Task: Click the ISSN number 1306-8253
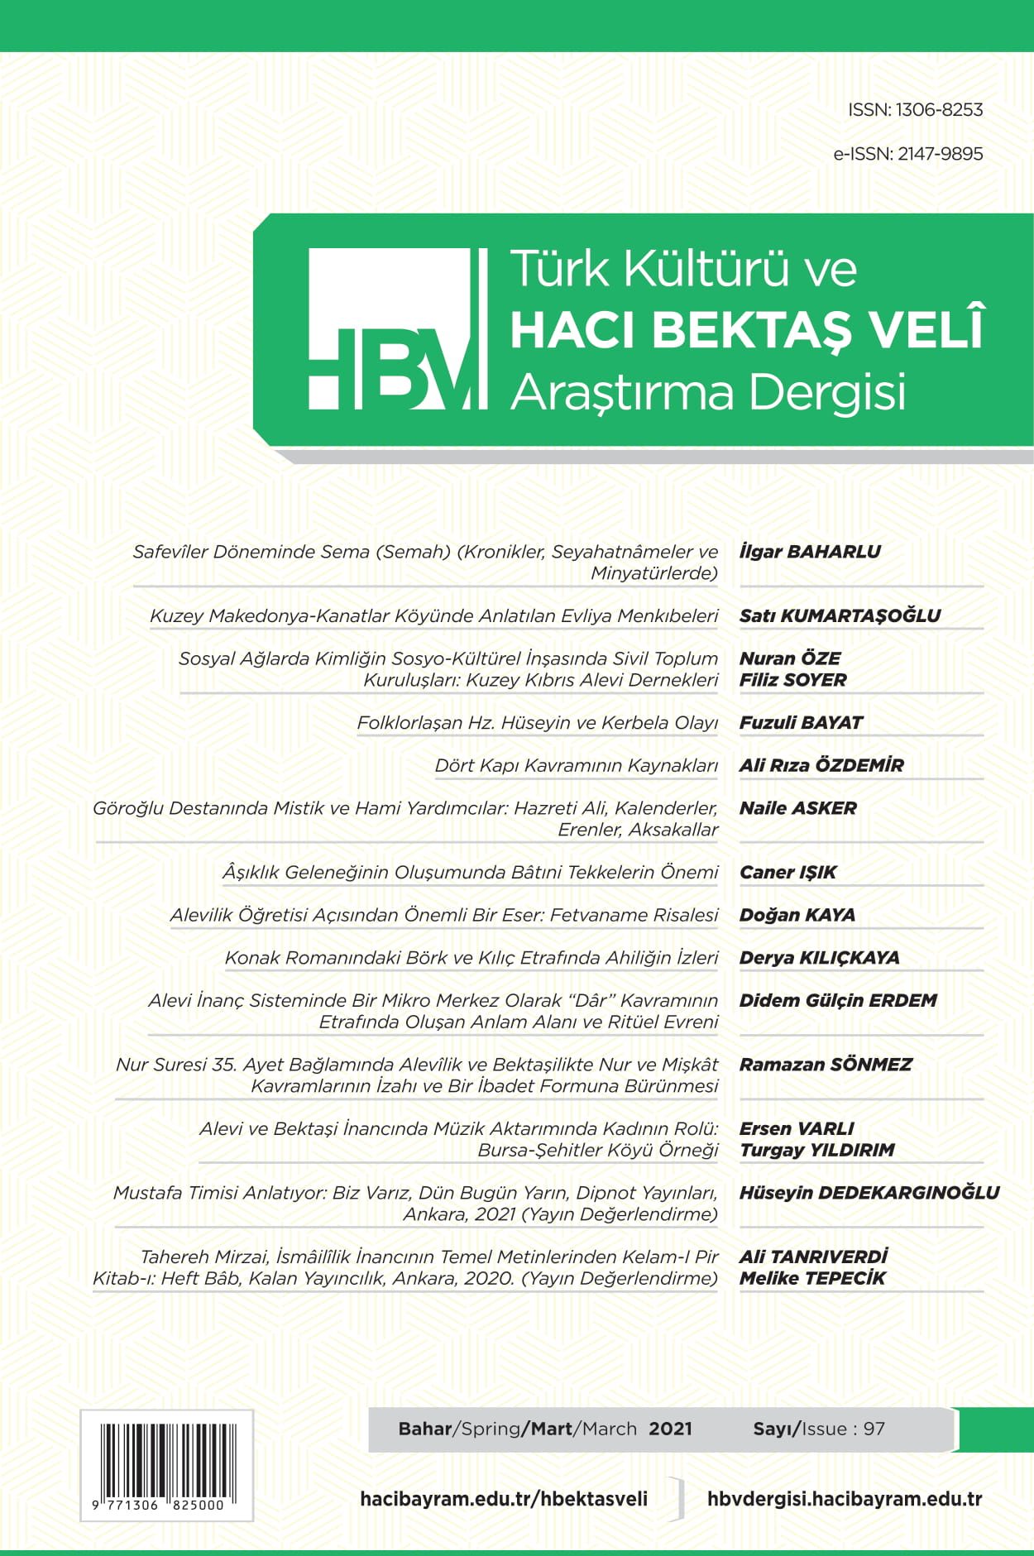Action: (x=939, y=110)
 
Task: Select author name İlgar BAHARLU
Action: (x=810, y=552)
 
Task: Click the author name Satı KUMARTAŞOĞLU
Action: (x=840, y=615)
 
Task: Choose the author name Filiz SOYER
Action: (x=792, y=680)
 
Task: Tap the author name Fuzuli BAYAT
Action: (x=801, y=723)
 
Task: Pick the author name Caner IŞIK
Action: (x=787, y=873)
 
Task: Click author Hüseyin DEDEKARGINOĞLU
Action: (x=869, y=1193)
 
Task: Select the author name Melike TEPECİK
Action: (x=811, y=1278)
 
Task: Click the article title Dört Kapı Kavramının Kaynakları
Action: (x=576, y=766)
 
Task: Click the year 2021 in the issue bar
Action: (x=670, y=1429)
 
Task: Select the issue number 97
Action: (x=874, y=1429)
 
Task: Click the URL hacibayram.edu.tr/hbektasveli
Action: (x=504, y=1499)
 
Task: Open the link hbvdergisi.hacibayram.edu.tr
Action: (x=844, y=1499)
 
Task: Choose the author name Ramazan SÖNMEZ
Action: (x=825, y=1065)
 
